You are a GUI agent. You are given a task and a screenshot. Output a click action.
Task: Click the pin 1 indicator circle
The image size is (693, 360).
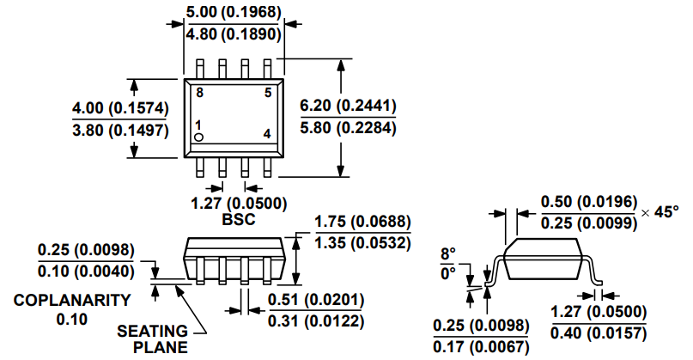198,137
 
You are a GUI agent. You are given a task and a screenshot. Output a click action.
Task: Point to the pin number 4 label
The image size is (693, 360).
267,134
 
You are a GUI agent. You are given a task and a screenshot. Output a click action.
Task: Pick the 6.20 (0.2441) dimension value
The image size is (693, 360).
347,106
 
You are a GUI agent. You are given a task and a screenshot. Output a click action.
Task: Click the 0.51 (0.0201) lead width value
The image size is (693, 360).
316,299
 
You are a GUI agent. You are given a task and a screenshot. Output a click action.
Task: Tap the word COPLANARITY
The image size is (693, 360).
72,301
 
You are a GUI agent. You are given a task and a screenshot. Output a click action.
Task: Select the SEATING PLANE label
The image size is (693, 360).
152,339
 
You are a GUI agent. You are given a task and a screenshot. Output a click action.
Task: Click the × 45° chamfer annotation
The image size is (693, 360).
660,211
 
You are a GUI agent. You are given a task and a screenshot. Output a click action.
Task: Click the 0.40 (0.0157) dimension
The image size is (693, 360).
599,333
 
